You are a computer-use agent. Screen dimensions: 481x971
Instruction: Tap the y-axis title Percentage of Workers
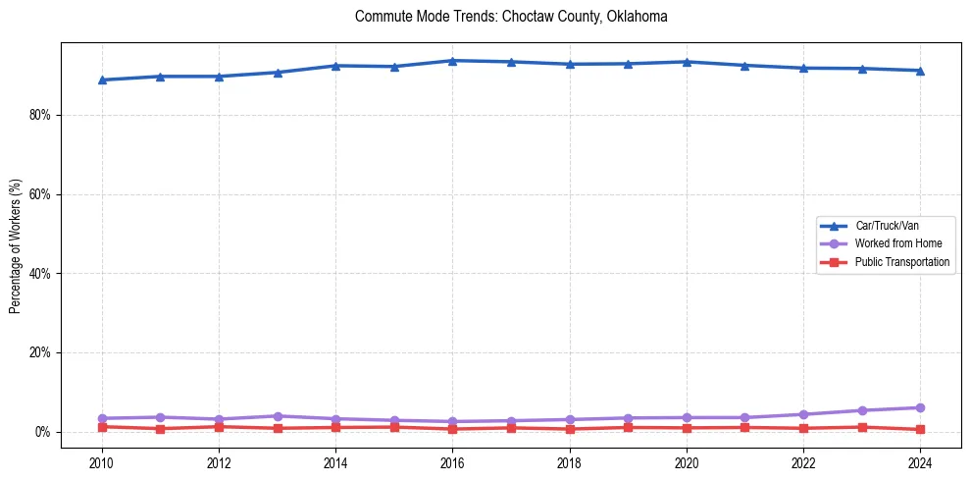tap(16, 245)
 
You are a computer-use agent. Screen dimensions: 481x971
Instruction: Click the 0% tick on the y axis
tap(42, 432)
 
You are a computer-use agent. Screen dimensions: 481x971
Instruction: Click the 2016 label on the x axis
tap(452, 462)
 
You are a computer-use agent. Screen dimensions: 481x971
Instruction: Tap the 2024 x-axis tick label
tap(920, 462)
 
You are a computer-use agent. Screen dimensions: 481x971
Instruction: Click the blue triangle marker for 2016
tap(452, 61)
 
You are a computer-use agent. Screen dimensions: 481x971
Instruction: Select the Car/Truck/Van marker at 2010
tap(102, 80)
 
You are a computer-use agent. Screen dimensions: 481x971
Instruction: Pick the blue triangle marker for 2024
tap(920, 71)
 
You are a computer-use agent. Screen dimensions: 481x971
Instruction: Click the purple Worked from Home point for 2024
tap(920, 407)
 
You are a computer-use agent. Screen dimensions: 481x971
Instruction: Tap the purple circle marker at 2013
tap(278, 416)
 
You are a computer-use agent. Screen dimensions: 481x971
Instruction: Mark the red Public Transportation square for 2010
tap(102, 427)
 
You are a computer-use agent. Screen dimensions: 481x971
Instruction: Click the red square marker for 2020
tap(687, 428)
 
